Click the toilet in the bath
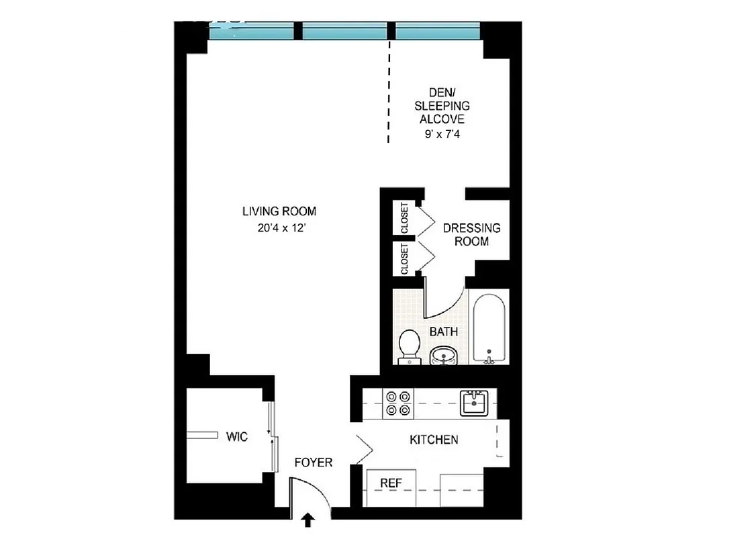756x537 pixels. pyautogui.click(x=408, y=346)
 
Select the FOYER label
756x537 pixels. pyautogui.click(x=314, y=463)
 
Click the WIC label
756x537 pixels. pyautogui.click(x=237, y=437)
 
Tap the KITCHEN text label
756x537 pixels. pyautogui.click(x=434, y=440)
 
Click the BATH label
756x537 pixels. pyautogui.click(x=444, y=332)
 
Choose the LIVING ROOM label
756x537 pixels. pyautogui.click(x=279, y=211)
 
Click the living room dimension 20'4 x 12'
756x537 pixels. pyautogui.click(x=279, y=228)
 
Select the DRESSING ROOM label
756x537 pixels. pyautogui.click(x=471, y=234)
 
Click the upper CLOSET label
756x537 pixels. pyautogui.click(x=404, y=217)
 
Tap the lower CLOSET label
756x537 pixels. pyautogui.click(x=404, y=259)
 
